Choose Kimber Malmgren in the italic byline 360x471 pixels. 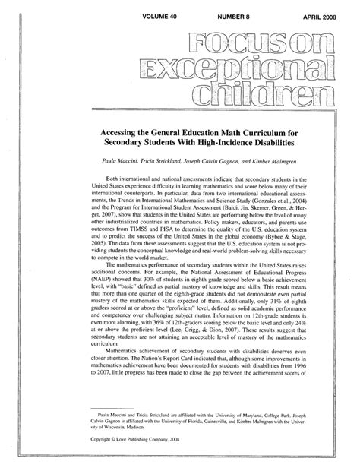point(272,163)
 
